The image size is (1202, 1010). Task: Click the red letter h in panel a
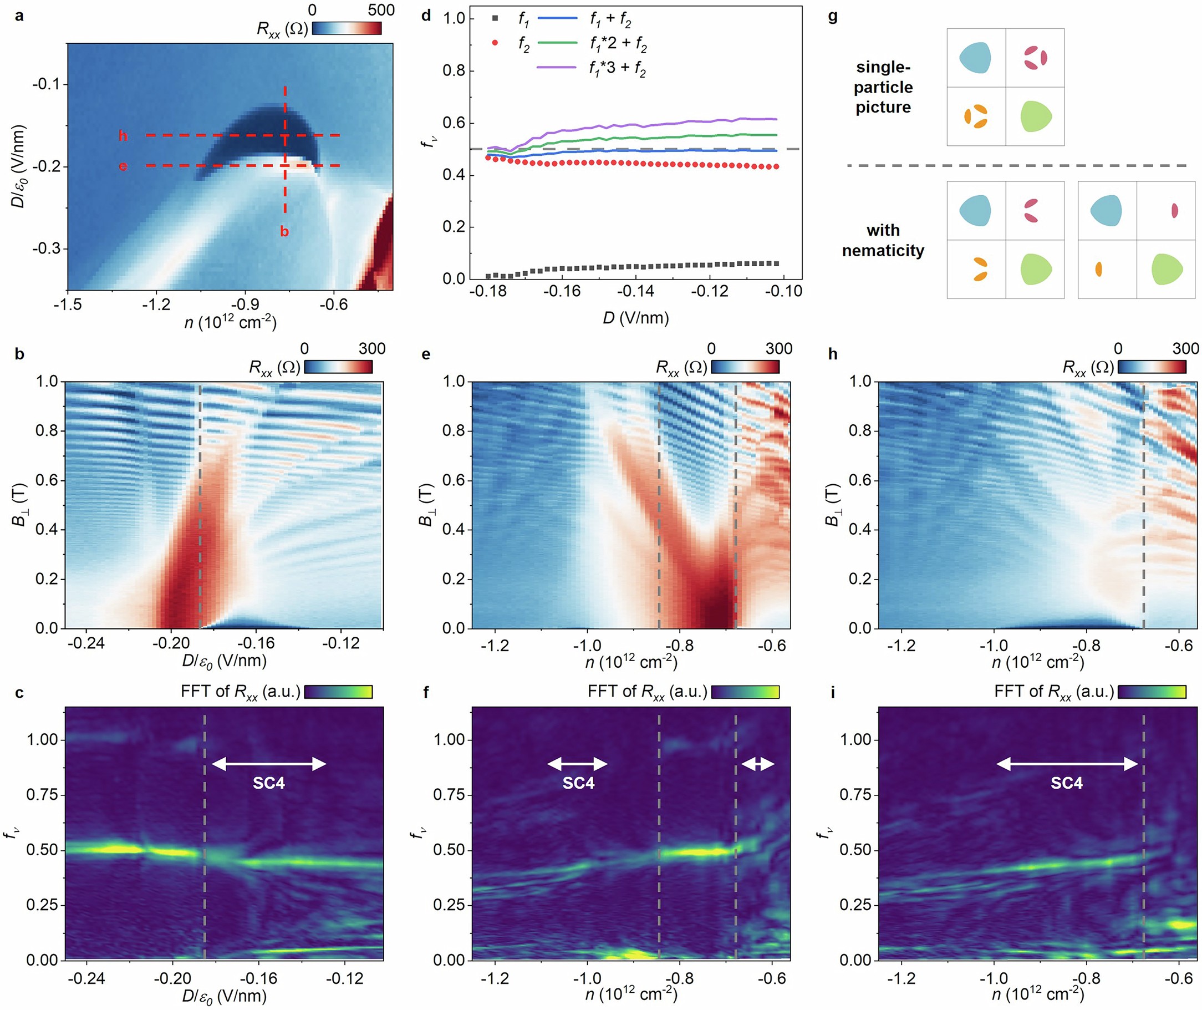pyautogui.click(x=123, y=136)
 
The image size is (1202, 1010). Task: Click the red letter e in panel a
pyautogui.click(x=123, y=166)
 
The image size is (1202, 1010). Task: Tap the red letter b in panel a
pyautogui.click(x=284, y=232)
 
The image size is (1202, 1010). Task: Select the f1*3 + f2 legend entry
pyautogui.click(x=617, y=69)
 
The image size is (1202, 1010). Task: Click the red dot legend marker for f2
pyautogui.click(x=495, y=43)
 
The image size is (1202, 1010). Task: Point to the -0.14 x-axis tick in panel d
pyautogui.click(x=635, y=291)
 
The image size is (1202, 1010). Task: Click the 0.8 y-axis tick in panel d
pyautogui.click(x=454, y=71)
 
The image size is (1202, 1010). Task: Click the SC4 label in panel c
pyautogui.click(x=268, y=783)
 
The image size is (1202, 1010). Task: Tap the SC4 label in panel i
pyautogui.click(x=1066, y=783)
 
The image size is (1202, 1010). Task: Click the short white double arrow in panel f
pyautogui.click(x=757, y=764)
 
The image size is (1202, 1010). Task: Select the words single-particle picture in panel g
pyautogui.click(x=883, y=87)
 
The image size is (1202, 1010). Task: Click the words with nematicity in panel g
pyautogui.click(x=883, y=241)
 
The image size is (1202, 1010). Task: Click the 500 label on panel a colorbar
pyautogui.click(x=381, y=10)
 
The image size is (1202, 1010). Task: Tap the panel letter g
pyautogui.click(x=833, y=17)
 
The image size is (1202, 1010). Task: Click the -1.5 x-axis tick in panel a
pyautogui.click(x=68, y=304)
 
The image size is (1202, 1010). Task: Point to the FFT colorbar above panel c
pyautogui.click(x=338, y=692)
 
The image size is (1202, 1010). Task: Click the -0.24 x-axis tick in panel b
pyautogui.click(x=86, y=643)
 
